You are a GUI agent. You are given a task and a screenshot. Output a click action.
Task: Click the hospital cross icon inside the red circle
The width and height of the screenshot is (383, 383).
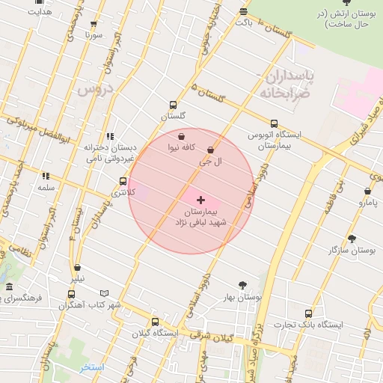click(x=200, y=200)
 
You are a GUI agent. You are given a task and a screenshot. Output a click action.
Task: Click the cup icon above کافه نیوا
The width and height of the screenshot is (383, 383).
click(x=183, y=137)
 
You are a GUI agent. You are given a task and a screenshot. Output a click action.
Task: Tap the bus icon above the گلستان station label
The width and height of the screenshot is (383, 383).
click(x=174, y=105)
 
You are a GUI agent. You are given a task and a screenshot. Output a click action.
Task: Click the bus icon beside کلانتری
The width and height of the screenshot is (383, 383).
click(x=123, y=181)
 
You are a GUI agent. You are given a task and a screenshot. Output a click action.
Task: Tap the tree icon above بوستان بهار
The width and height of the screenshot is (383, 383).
click(x=242, y=284)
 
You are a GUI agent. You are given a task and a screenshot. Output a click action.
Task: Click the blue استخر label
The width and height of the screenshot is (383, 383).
click(x=93, y=367)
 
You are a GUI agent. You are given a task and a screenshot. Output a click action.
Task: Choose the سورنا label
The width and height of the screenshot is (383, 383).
click(x=93, y=34)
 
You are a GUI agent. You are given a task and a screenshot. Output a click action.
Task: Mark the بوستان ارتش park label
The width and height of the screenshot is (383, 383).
click(x=343, y=19)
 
